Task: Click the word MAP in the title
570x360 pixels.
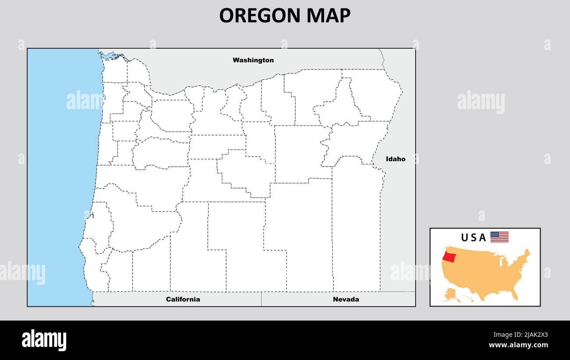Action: (x=329, y=16)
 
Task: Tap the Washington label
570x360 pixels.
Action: (x=253, y=60)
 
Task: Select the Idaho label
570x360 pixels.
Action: (x=395, y=159)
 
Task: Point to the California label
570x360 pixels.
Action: (x=183, y=299)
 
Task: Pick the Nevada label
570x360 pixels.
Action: (x=346, y=299)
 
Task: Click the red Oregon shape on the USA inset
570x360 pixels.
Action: (x=449, y=256)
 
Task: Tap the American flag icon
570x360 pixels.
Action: (x=499, y=237)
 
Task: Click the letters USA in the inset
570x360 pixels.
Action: (x=473, y=238)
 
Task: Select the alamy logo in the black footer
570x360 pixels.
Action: (x=44, y=340)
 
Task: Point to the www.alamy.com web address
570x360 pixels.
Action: (x=518, y=345)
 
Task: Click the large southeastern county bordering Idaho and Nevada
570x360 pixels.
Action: (x=356, y=228)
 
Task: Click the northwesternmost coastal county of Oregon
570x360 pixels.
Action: (x=115, y=70)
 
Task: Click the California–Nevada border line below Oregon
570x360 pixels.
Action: (x=261, y=299)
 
